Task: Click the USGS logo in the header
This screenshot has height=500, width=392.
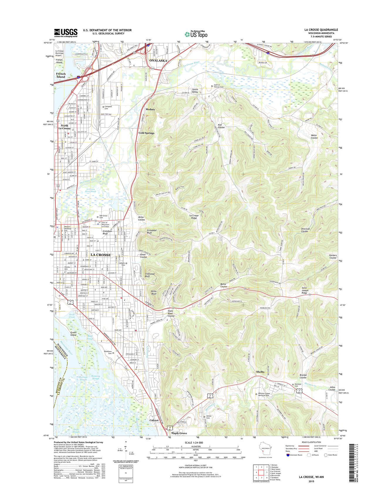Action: tap(65, 32)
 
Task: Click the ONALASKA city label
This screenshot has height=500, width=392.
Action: tap(158, 60)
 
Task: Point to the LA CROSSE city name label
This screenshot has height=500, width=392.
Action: tap(101, 255)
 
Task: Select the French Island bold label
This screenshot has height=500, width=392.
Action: tap(61, 75)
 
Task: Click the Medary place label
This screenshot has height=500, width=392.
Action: tap(150, 109)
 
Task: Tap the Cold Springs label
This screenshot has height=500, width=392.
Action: tap(146, 133)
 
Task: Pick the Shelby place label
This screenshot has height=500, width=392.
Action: tap(260, 372)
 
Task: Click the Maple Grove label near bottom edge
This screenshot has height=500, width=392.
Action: tap(179, 433)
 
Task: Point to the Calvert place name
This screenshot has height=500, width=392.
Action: tap(154, 420)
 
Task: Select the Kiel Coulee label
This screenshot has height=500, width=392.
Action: tap(221, 126)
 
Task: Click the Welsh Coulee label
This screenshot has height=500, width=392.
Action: tap(314, 137)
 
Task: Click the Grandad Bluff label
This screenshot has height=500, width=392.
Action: tap(151, 232)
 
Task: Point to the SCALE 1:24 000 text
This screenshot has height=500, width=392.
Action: tap(194, 442)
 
